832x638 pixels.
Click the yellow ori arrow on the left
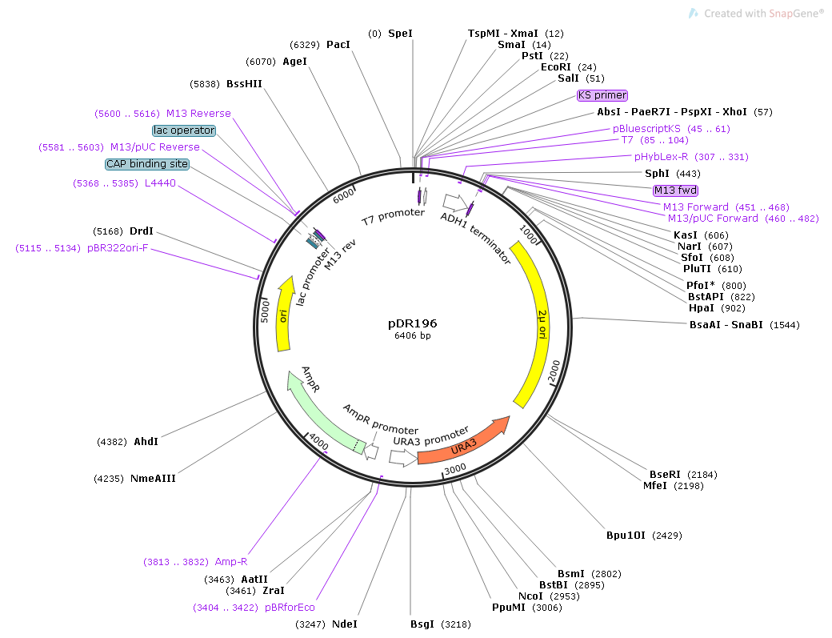[x=282, y=316]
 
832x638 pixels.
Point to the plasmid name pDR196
[x=413, y=323]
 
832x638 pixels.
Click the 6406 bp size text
[x=413, y=336]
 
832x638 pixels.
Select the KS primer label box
[x=602, y=95]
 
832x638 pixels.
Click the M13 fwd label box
[x=675, y=191]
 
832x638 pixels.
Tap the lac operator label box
[x=184, y=130]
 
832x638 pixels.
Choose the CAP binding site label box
[x=147, y=164]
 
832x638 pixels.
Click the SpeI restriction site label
[x=400, y=34]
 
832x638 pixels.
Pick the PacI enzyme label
[x=338, y=44]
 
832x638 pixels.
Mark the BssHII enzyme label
[x=244, y=83]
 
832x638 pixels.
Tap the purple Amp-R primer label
[x=231, y=561]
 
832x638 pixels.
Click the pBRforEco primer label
[x=290, y=608]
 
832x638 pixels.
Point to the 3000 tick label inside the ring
[x=455, y=468]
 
